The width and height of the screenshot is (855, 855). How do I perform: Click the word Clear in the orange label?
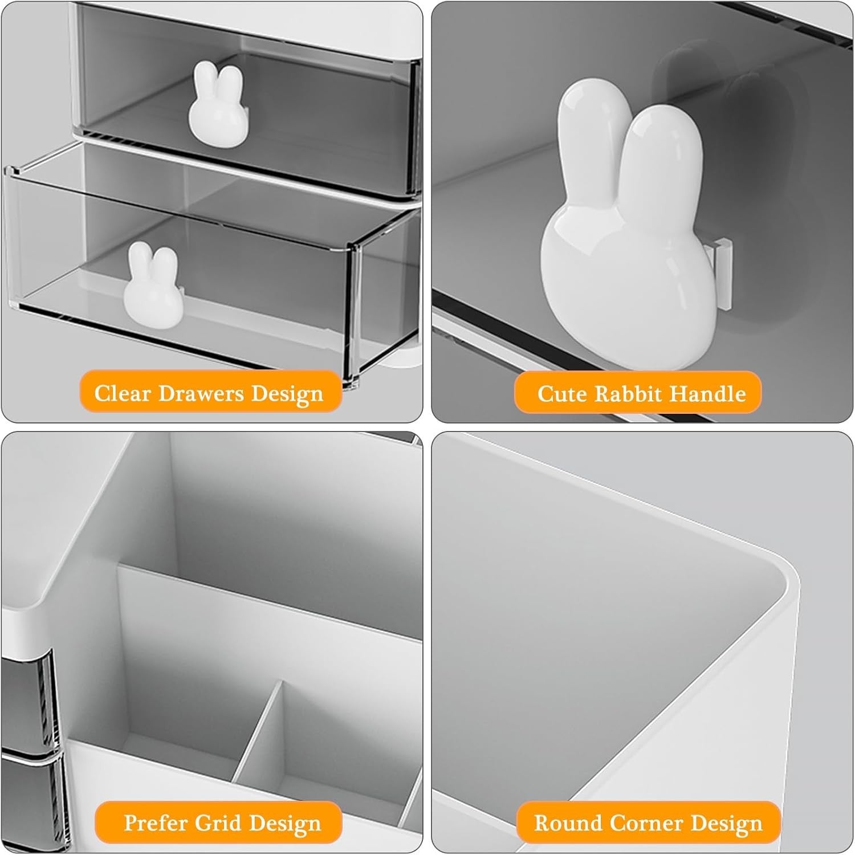[123, 393]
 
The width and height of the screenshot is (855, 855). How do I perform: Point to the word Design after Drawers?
[287, 394]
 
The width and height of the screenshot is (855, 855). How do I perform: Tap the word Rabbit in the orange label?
[629, 394]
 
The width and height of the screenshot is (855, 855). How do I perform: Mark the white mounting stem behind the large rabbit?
[722, 274]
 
